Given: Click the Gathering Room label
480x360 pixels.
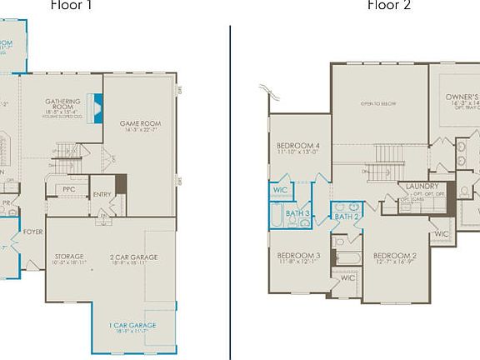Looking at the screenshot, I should (x=63, y=105).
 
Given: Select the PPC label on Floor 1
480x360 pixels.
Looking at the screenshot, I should (x=69, y=190).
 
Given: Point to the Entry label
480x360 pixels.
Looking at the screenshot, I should (x=102, y=195).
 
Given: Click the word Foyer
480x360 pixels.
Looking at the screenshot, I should (x=32, y=232).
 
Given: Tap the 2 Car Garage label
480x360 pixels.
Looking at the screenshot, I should (x=133, y=257).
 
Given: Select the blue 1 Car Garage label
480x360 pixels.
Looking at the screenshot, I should (x=133, y=325).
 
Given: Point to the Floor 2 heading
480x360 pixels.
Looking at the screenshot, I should (x=389, y=5).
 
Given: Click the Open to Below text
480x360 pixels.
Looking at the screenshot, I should (x=377, y=103).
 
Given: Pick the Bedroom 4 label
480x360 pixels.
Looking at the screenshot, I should (x=298, y=146).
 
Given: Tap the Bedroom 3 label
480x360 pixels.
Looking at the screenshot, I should (x=298, y=255).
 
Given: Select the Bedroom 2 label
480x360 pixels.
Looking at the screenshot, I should (x=395, y=255).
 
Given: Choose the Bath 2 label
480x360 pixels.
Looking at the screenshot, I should (x=346, y=217).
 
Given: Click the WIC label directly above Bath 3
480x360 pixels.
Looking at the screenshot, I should (x=279, y=190).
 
